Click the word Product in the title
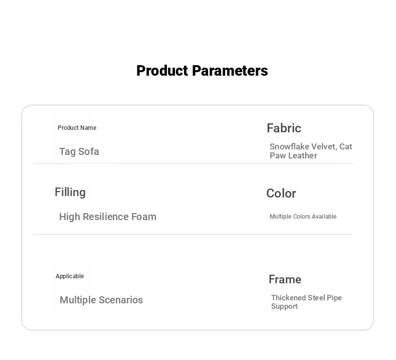(163, 71)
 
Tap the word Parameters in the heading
(230, 71)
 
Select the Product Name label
(77, 128)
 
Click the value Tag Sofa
(79, 151)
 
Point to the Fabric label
(284, 128)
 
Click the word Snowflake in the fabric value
(289, 146)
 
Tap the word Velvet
(324, 147)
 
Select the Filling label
(70, 193)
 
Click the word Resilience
(106, 217)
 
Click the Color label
(281, 194)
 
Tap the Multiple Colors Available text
(303, 217)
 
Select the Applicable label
(70, 276)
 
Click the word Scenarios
(121, 300)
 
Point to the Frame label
(285, 279)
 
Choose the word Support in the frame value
(284, 306)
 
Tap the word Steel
(317, 298)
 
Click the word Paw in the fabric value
(278, 155)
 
